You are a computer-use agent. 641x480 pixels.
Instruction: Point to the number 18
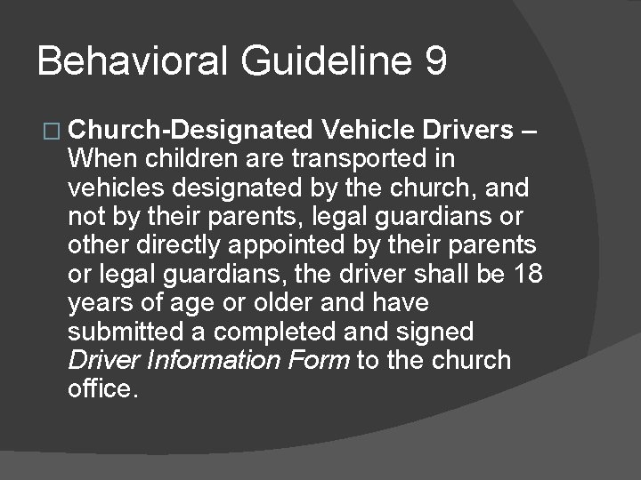(x=528, y=274)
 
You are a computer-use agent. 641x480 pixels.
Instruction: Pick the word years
(x=96, y=303)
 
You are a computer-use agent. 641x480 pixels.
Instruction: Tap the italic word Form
(x=323, y=361)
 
